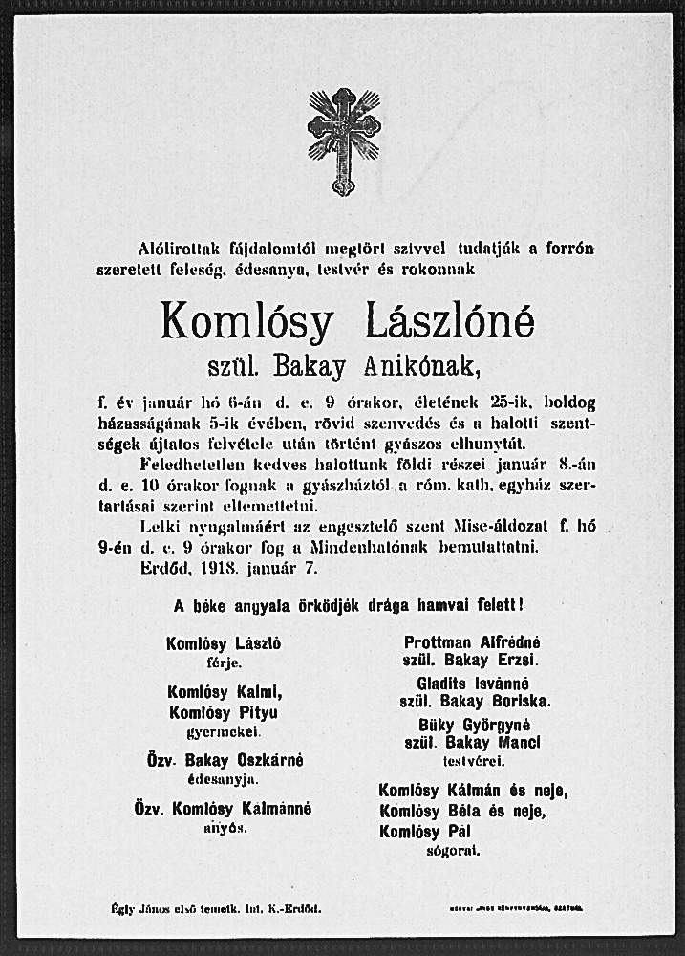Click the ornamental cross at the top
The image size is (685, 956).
tap(344, 139)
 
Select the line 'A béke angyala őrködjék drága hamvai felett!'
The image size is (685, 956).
tap(348, 605)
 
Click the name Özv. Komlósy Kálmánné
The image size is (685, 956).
tap(224, 809)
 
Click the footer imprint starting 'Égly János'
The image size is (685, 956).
tap(216, 908)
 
